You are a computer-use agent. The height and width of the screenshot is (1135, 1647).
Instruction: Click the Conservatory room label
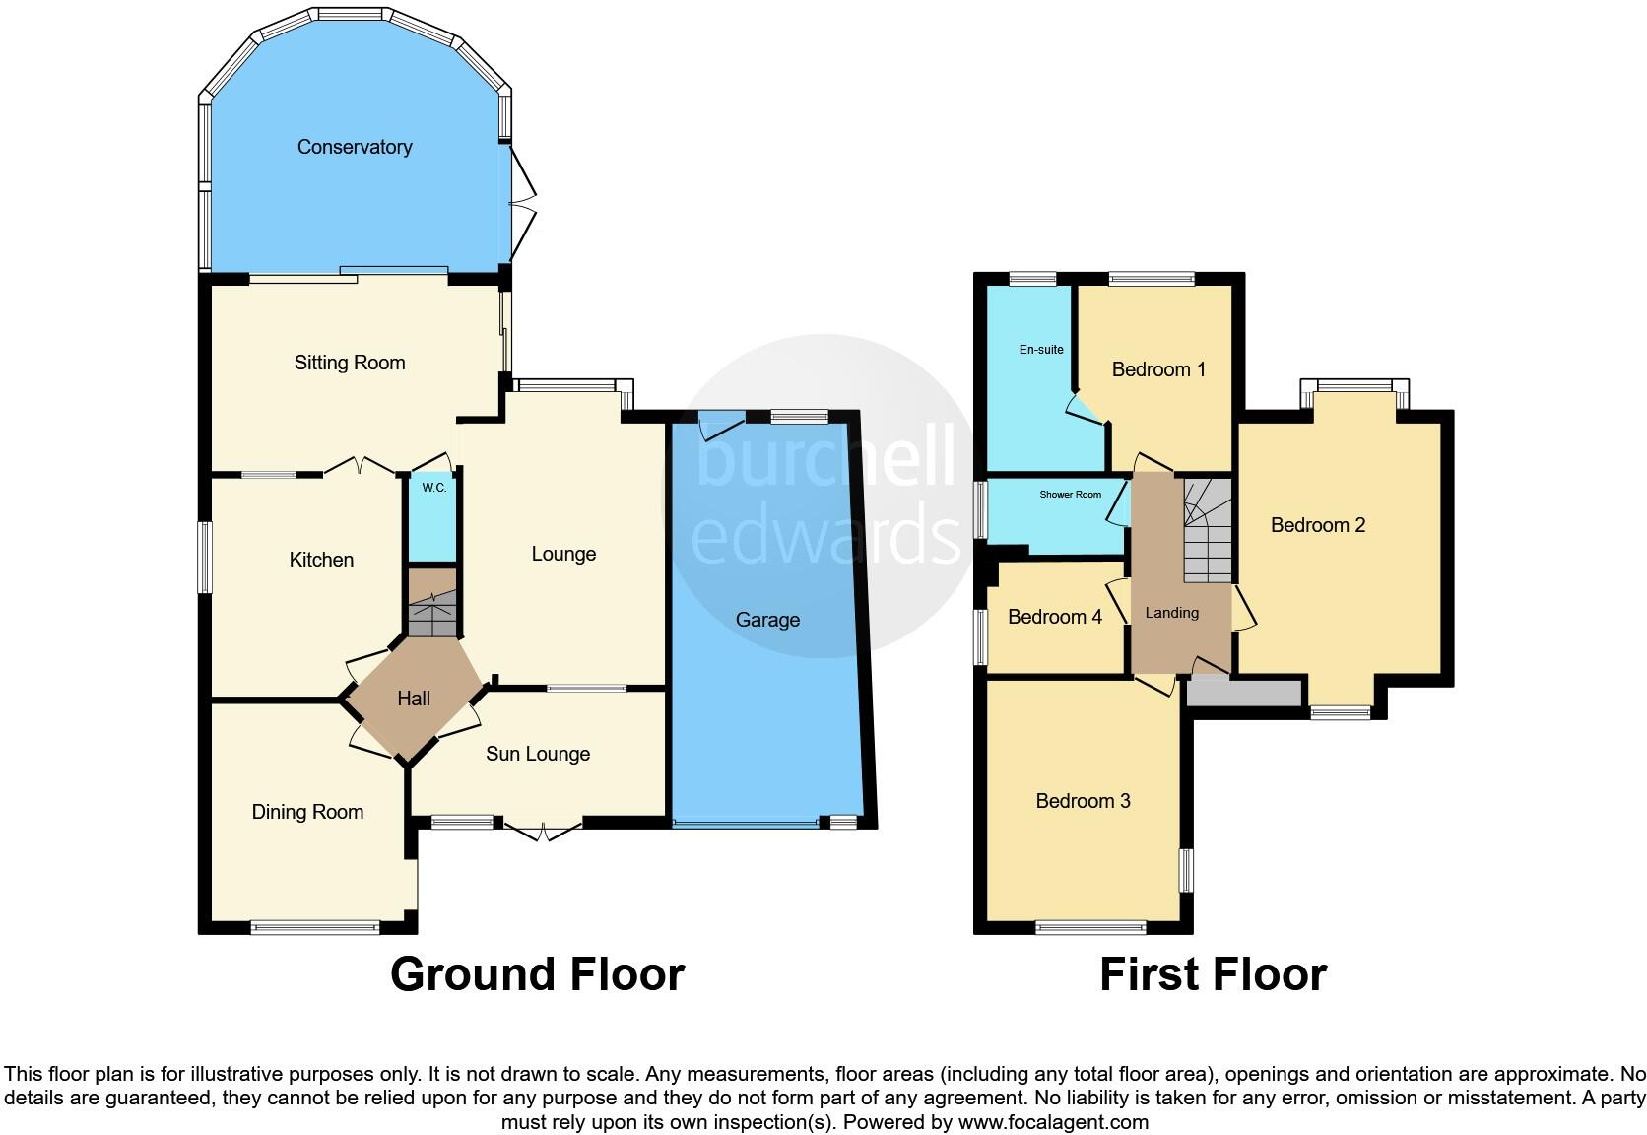(355, 147)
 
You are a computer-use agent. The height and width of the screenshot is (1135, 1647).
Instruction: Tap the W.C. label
(433, 488)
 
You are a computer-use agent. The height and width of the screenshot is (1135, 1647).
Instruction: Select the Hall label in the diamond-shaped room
(414, 699)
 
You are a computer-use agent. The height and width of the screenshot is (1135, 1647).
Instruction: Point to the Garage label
(767, 620)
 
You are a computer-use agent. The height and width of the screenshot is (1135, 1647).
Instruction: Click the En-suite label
(1041, 350)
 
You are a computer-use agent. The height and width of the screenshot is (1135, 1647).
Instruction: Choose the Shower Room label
(1070, 495)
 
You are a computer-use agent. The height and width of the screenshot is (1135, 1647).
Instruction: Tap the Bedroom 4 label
(1054, 617)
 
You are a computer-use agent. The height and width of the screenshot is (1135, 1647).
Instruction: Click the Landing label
(1171, 613)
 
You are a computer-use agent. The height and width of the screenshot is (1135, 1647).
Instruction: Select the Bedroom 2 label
(1318, 525)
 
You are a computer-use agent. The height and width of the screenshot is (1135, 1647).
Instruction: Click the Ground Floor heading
(537, 974)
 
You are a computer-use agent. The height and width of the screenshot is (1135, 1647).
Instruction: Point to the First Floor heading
(1213, 974)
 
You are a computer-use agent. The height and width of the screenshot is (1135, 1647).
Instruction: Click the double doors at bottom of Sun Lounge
(543, 831)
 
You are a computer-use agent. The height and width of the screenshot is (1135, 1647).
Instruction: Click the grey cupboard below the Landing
(1243, 693)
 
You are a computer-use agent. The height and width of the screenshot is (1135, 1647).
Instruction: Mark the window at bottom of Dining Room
(315, 926)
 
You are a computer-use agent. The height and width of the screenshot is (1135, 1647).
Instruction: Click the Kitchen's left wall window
(205, 558)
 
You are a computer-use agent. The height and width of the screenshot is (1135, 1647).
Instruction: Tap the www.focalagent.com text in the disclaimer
(1052, 1121)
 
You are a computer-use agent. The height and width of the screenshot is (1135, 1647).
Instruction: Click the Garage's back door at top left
(721, 426)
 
